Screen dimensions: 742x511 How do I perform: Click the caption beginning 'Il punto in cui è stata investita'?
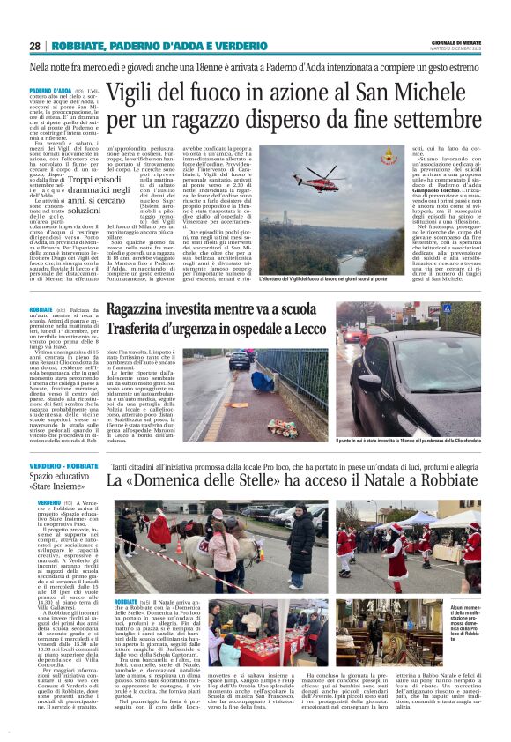(408, 441)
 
